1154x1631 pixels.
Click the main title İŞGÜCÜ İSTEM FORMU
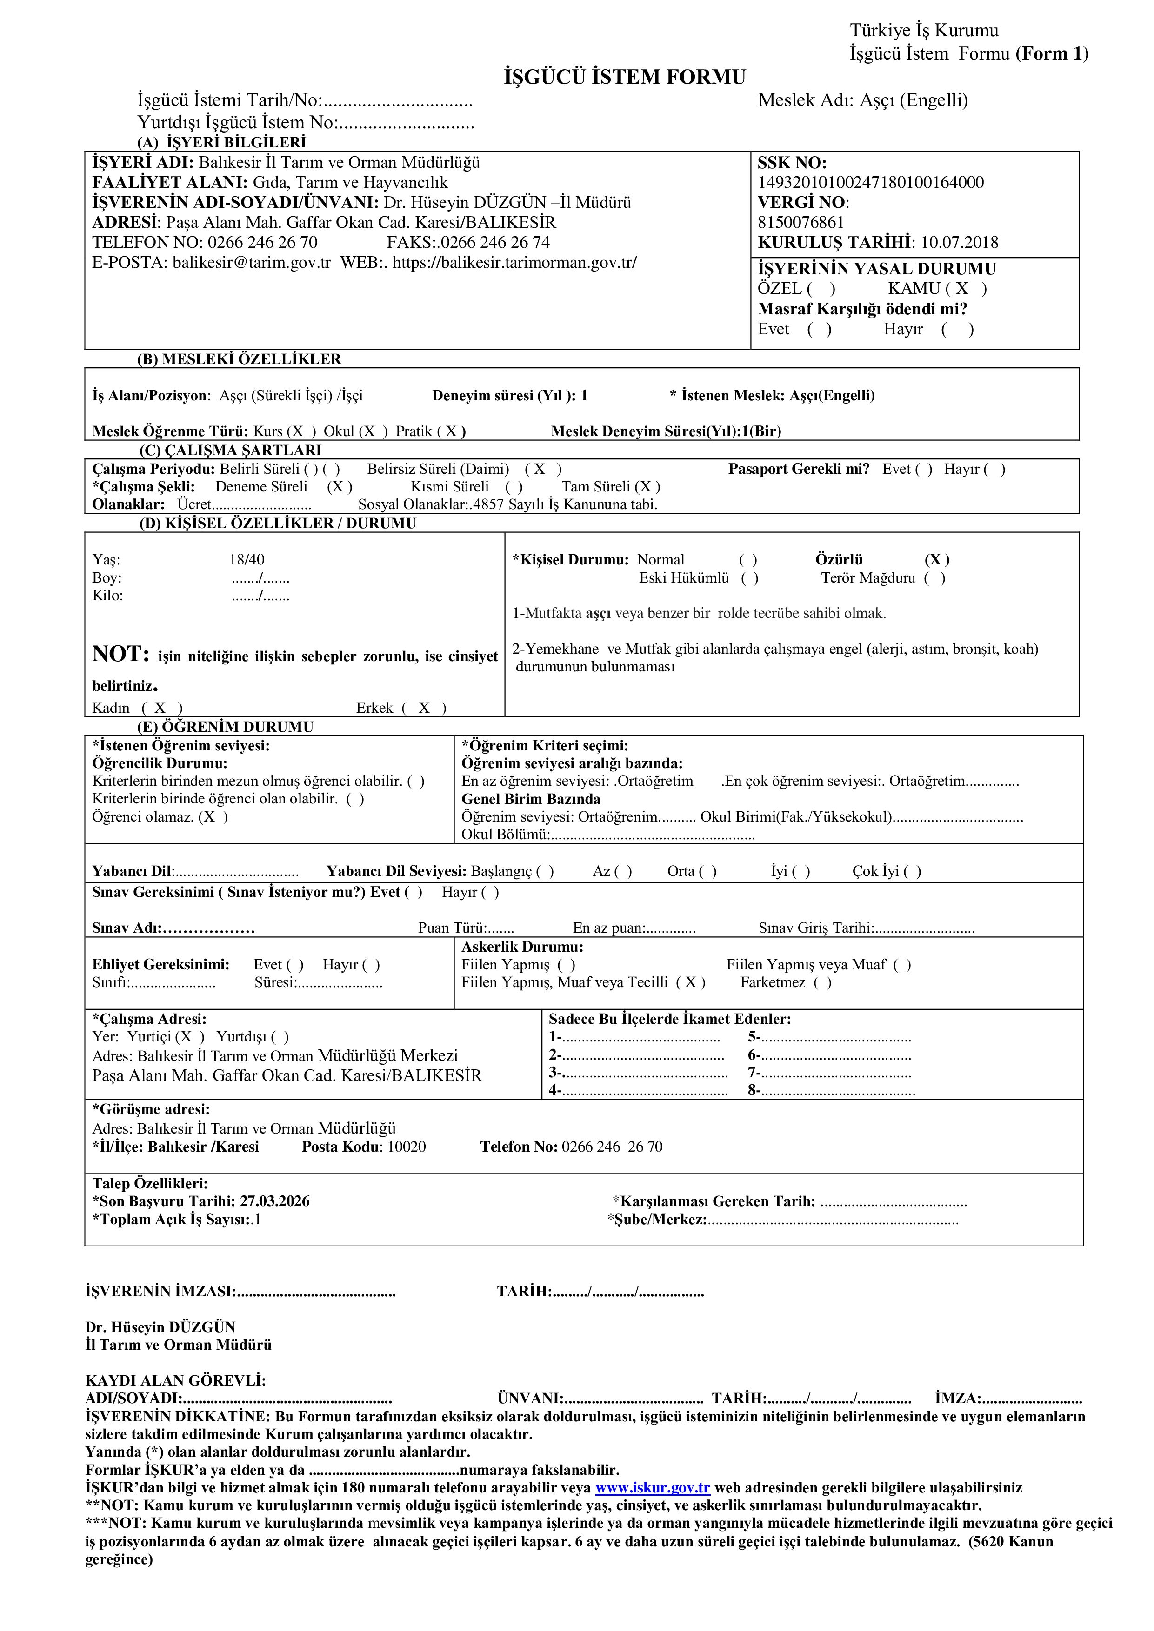(x=625, y=77)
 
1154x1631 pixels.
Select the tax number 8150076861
(x=801, y=222)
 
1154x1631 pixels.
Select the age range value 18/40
(x=247, y=560)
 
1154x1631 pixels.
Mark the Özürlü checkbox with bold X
(x=937, y=560)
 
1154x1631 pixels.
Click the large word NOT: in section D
(x=120, y=654)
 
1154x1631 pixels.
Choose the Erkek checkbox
(x=424, y=708)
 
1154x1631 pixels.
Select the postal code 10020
(x=407, y=1147)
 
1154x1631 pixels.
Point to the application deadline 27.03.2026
(x=274, y=1201)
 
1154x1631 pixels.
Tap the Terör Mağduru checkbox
(x=934, y=577)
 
